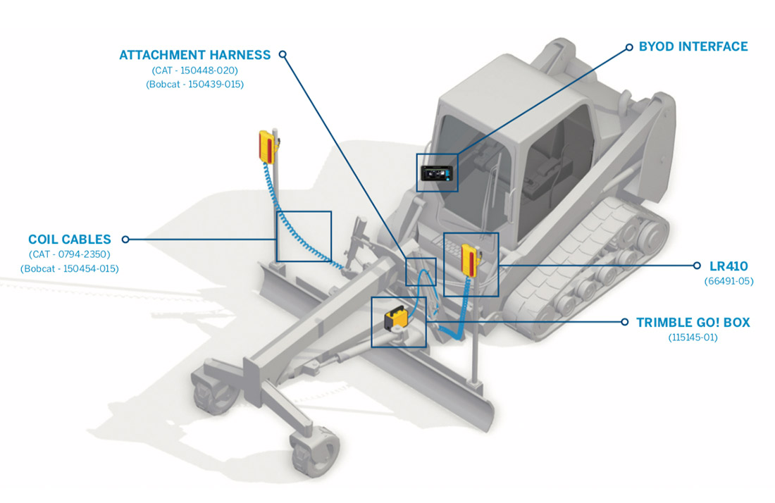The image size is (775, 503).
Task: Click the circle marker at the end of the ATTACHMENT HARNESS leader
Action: [283, 54]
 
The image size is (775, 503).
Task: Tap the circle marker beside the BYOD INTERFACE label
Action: [629, 47]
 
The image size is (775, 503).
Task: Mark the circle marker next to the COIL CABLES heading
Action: [125, 239]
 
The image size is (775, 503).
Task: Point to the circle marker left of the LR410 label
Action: [697, 266]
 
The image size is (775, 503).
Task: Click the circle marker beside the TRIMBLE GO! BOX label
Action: [625, 322]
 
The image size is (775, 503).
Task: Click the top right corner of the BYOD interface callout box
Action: [458, 154]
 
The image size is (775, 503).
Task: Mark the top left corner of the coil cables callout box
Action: [276, 211]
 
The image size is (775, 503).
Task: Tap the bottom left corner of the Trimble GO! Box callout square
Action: [372, 347]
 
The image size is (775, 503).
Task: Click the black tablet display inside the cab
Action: [437, 173]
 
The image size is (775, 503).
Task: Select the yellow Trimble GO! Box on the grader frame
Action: [396, 318]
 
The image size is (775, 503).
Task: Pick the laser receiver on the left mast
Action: [268, 147]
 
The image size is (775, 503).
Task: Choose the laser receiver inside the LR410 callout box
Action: [469, 260]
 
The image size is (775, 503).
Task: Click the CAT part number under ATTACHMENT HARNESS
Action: [194, 70]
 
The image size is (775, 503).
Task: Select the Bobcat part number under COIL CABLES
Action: [70, 269]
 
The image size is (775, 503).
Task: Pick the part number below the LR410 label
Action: [728, 281]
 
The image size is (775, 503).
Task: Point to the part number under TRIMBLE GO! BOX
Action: [693, 337]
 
